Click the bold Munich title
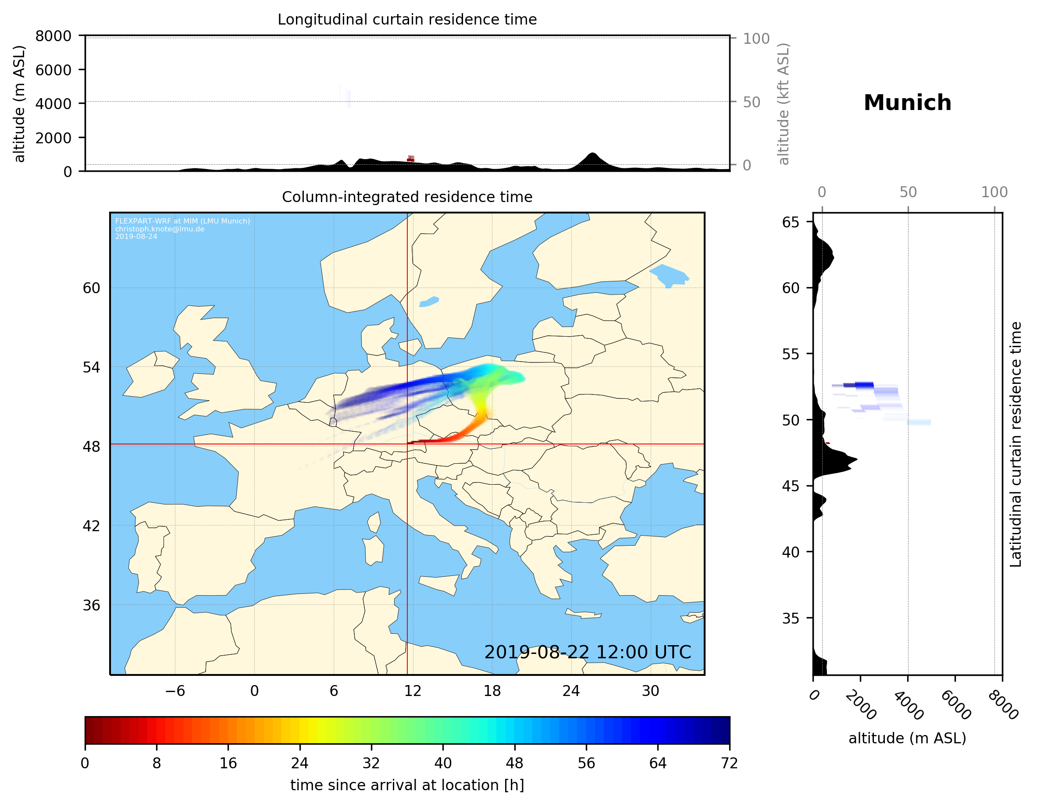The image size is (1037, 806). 907,103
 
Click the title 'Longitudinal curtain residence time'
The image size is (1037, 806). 407,19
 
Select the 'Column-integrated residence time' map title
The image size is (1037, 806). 407,197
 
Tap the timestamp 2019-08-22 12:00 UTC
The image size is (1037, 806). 588,652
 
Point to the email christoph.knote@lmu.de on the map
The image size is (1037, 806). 160,229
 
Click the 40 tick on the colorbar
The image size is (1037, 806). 442,763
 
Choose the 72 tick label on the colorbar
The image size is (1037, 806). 729,763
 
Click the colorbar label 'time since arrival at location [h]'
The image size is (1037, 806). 407,785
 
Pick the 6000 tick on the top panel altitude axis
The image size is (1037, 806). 53,70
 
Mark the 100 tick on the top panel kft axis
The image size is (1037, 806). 756,39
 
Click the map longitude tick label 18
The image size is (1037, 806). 492,691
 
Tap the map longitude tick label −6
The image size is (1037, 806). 175,691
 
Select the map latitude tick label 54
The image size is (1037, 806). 91,367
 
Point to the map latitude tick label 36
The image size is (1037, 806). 91,605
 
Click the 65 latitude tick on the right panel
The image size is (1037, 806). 791,222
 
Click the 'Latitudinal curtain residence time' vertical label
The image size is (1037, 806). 1015,444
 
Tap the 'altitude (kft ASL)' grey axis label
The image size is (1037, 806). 784,104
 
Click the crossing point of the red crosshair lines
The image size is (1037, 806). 407,444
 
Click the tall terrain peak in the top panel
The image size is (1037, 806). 592,154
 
